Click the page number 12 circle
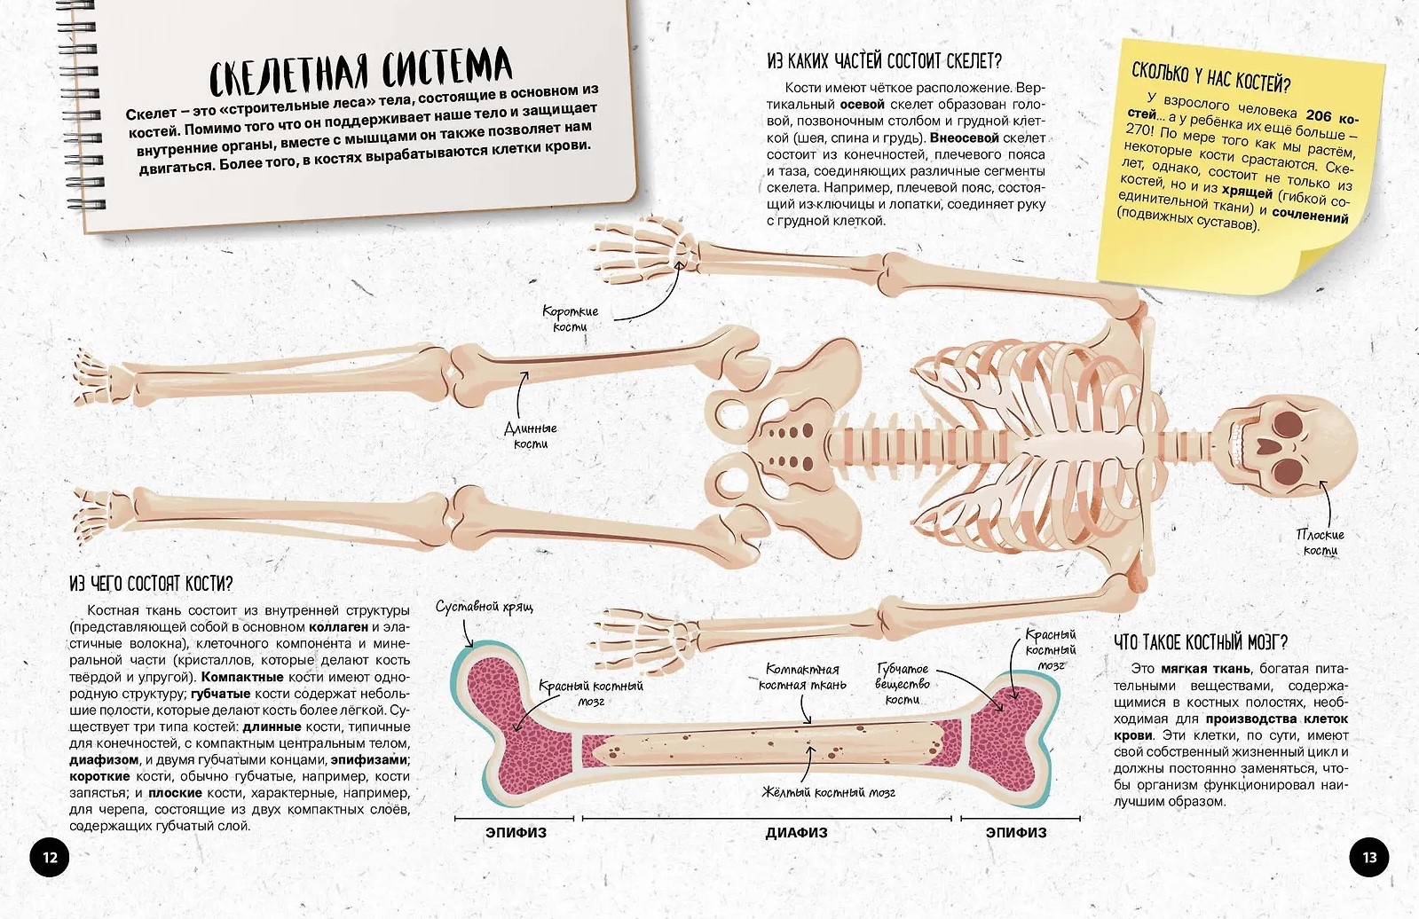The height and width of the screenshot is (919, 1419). click(50, 858)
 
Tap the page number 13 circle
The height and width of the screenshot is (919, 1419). click(1369, 858)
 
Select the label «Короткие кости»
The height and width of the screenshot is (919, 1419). click(570, 318)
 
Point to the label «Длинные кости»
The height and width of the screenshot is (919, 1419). click(531, 436)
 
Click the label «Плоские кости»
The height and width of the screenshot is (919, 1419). click(1320, 543)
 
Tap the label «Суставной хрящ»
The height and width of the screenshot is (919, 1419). click(485, 607)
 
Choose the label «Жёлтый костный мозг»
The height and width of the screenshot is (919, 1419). click(829, 792)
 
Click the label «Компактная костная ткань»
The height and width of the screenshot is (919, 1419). click(802, 677)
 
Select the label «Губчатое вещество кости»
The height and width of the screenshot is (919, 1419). click(903, 684)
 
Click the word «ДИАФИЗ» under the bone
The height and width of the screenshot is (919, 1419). click(796, 833)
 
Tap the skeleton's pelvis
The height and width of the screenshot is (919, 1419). click(783, 447)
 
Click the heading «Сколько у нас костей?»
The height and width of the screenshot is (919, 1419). click(1210, 77)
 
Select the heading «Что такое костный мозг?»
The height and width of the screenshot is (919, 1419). click(1201, 642)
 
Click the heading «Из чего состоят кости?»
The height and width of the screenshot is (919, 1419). click(152, 584)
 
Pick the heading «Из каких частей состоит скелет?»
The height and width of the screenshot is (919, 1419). click(885, 61)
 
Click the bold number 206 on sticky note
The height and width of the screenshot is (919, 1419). click(1318, 115)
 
